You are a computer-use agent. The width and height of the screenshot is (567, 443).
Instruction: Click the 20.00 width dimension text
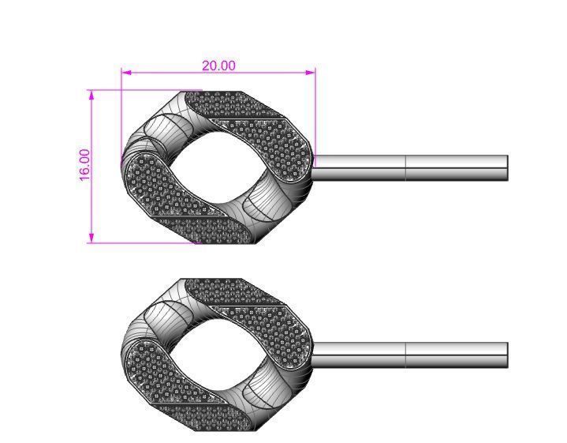point(218,66)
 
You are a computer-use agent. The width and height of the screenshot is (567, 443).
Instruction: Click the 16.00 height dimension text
point(85,166)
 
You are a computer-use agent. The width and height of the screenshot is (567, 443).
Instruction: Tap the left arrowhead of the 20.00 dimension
point(125,73)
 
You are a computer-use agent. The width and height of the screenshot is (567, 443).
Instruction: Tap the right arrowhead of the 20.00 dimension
point(311,73)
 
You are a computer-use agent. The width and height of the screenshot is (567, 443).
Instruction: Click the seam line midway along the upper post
point(405,168)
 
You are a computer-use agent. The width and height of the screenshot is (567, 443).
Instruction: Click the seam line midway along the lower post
point(405,355)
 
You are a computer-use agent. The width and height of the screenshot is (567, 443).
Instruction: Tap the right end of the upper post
point(506,168)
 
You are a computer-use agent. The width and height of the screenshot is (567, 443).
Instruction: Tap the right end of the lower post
point(506,355)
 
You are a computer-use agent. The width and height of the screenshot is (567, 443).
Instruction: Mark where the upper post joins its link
point(315,168)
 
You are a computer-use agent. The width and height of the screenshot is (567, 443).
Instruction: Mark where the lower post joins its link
point(315,355)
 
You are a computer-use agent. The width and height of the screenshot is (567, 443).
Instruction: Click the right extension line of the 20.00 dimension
point(315,111)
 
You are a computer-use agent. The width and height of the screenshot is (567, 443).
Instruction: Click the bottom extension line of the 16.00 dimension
point(142,242)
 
